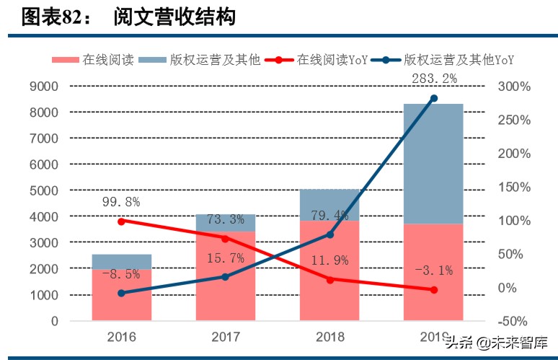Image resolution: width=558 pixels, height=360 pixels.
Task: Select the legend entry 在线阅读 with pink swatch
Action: (x=93, y=60)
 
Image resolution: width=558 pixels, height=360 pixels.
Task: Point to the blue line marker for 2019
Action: (x=433, y=98)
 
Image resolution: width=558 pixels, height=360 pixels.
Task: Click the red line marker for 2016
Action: (x=121, y=221)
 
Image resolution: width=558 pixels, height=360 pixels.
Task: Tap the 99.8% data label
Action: (x=121, y=201)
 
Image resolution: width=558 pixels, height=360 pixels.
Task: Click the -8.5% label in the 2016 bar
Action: (x=121, y=274)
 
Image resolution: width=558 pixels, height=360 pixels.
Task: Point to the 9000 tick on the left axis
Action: (x=44, y=87)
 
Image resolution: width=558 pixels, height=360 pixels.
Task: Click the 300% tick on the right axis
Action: (x=513, y=87)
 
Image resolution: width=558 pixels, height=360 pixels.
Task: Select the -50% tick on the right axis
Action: (x=513, y=321)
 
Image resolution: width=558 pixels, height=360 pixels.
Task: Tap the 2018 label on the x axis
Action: (x=329, y=337)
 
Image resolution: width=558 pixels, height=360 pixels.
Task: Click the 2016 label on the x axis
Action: (x=121, y=337)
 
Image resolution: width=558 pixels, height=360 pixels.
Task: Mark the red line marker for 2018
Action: (x=329, y=279)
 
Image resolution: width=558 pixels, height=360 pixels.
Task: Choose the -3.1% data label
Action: (x=433, y=271)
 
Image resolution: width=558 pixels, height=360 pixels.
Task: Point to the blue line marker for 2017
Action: (x=225, y=277)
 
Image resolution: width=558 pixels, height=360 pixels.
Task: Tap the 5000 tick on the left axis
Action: (x=44, y=190)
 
